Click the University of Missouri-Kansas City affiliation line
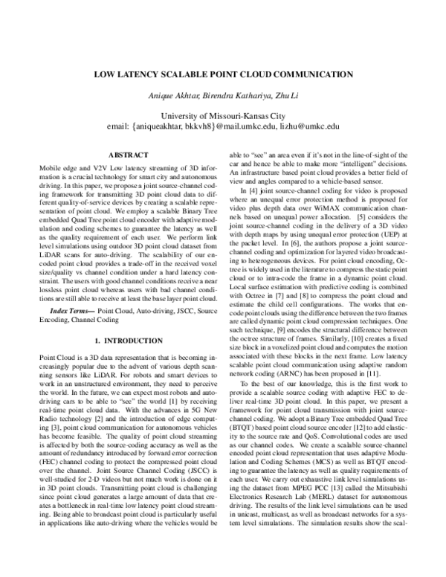click(x=222, y=115)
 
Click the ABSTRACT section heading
click(x=129, y=155)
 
